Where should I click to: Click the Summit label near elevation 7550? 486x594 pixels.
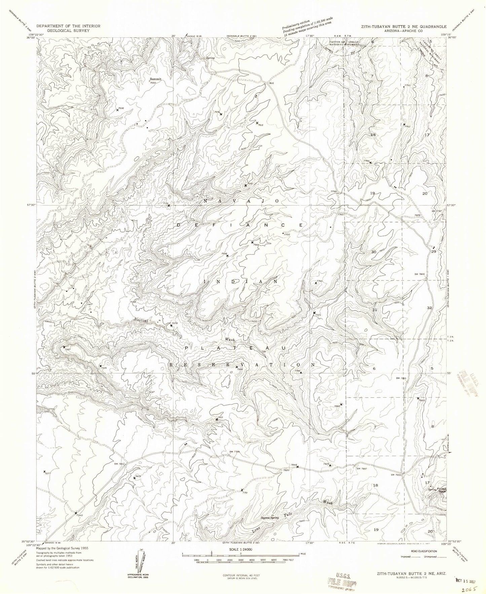pyautogui.click(x=155, y=79)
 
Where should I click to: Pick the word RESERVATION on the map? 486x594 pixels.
pyautogui.click(x=242, y=365)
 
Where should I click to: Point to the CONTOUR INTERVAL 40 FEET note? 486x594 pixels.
pyautogui.click(x=241, y=575)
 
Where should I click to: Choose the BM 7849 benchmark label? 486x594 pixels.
pyautogui.click(x=420, y=274)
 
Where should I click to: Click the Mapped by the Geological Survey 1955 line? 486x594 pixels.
pyautogui.click(x=63, y=548)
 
